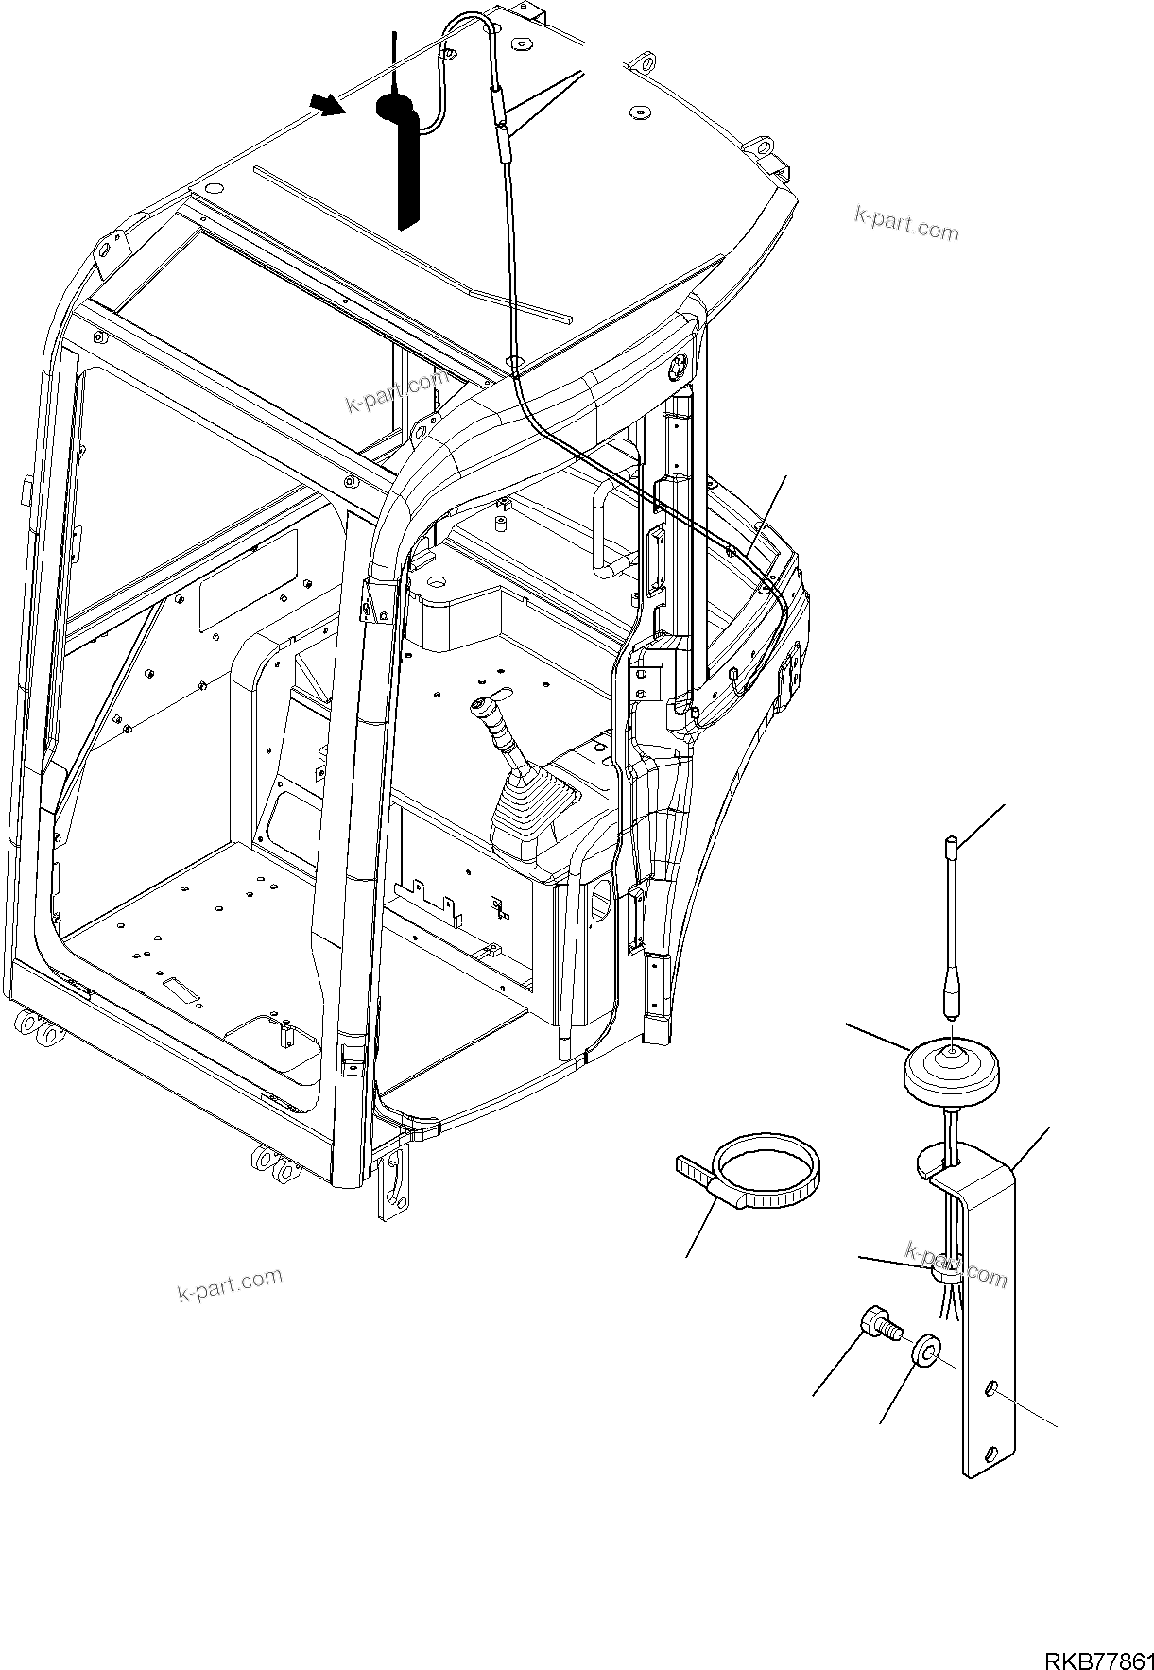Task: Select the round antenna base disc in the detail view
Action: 946,1071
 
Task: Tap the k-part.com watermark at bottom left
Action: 230,1284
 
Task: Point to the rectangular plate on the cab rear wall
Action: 248,593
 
